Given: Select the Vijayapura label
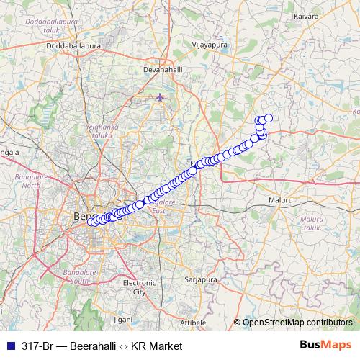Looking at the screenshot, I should tap(207, 43).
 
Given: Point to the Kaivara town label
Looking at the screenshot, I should tap(305, 16).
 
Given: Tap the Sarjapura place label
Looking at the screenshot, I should tap(201, 278).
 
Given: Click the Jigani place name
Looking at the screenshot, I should tap(123, 318).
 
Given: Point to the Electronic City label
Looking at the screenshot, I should tap(135, 287).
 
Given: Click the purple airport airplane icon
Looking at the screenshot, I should tap(160, 97).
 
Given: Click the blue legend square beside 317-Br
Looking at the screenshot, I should tap(9, 346).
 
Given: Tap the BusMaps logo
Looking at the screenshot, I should tap(326, 346).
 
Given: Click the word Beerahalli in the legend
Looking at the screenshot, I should tap(96, 346).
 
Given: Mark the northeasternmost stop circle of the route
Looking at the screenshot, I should tap(269, 118).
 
